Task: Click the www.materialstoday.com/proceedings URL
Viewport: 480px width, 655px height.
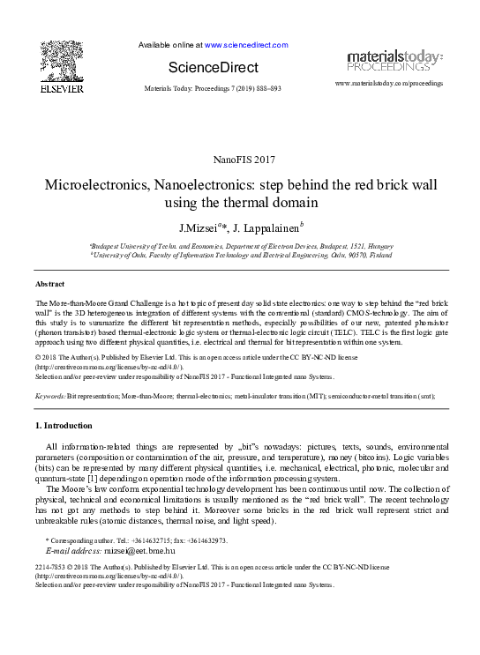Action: pos(390,83)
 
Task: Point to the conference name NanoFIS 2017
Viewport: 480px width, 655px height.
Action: pos(240,159)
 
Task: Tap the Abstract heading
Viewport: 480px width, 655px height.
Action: pos(49,285)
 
